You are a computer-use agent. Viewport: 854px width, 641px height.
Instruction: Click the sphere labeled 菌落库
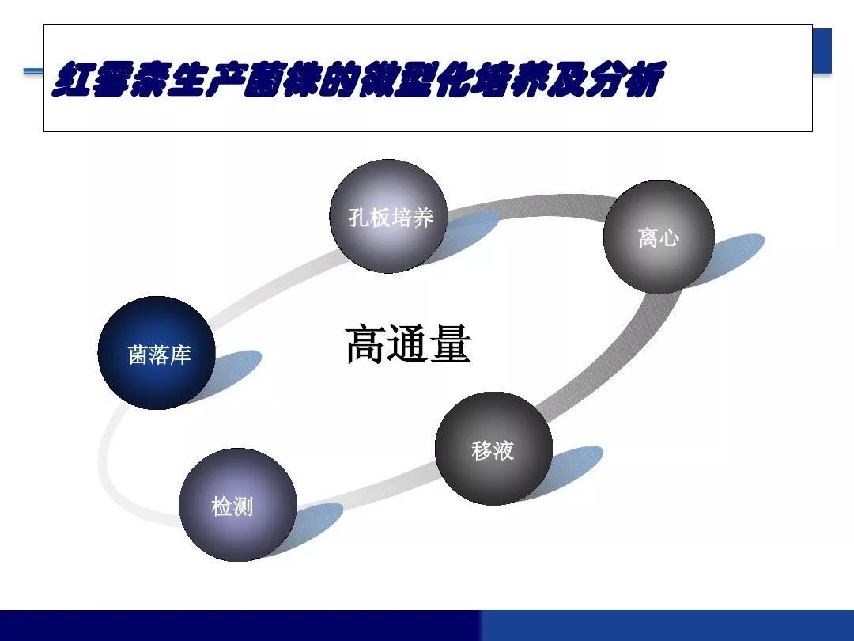pyautogui.click(x=157, y=353)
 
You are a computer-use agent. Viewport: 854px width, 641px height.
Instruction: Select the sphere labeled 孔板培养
pyautogui.click(x=388, y=216)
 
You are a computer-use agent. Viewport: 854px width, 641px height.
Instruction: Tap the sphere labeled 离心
pyautogui.click(x=659, y=237)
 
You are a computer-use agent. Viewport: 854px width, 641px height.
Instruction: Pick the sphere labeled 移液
pyautogui.click(x=493, y=448)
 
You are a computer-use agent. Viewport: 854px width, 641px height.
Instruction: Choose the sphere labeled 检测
pyautogui.click(x=237, y=505)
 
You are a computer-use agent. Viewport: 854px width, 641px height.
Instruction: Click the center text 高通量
pyautogui.click(x=409, y=344)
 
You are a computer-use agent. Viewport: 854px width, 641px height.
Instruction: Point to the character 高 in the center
pyautogui.click(x=366, y=344)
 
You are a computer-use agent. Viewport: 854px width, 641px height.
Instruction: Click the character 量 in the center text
pyautogui.click(x=451, y=344)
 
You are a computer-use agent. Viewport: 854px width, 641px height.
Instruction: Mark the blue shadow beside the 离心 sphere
pyautogui.click(x=735, y=257)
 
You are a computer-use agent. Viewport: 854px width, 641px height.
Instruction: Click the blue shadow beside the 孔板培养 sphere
pyautogui.click(x=467, y=233)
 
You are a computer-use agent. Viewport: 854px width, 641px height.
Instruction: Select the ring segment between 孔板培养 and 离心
pyautogui.click(x=526, y=206)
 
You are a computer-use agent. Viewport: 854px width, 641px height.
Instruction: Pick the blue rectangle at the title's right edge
pyautogui.click(x=822, y=50)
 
